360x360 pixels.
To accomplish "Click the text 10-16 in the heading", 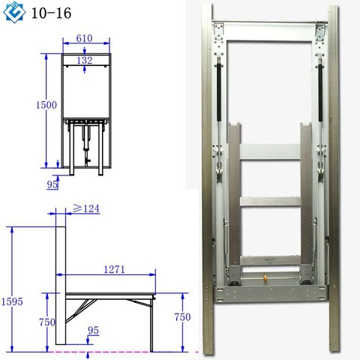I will click(x=46, y=13).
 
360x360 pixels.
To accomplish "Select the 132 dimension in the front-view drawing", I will click(x=87, y=59).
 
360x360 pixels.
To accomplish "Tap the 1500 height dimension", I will click(x=46, y=106).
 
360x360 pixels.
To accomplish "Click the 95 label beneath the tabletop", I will click(x=92, y=328).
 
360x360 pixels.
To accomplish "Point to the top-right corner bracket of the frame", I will click(x=319, y=31).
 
